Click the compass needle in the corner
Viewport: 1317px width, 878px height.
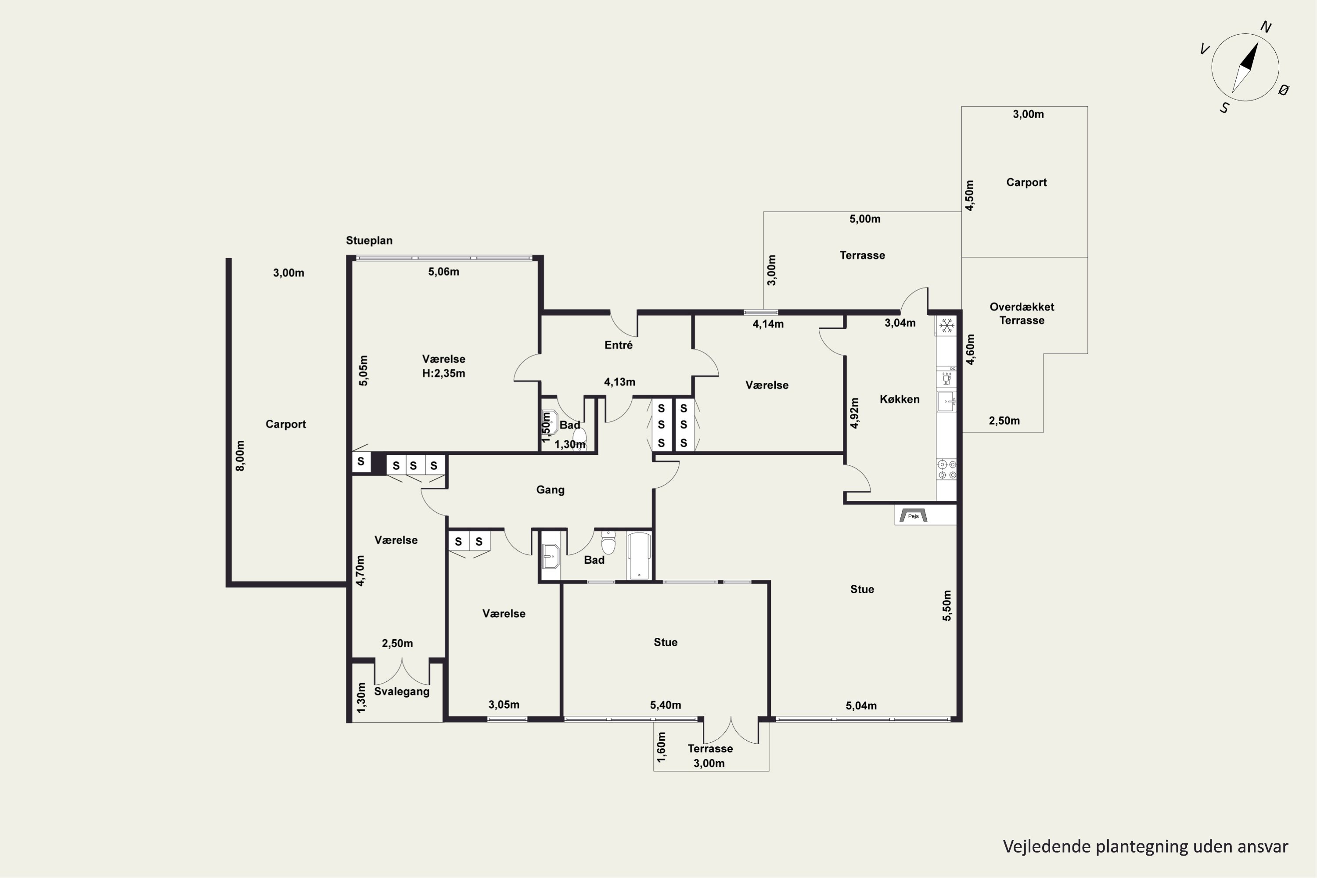point(1245,68)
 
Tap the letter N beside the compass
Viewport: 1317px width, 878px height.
point(1266,27)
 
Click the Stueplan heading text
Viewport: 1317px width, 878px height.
point(369,240)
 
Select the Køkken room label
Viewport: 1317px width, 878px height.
point(899,399)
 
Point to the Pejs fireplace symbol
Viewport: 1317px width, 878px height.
point(913,515)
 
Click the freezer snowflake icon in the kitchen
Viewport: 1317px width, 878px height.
point(946,325)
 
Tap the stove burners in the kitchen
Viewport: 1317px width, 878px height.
point(947,469)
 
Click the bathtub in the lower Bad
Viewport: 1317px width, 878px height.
point(639,555)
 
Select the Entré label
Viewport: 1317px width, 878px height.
point(618,345)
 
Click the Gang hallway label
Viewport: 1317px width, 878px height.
point(551,490)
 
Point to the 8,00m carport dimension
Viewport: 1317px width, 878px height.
point(240,456)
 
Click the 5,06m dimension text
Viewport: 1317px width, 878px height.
point(443,272)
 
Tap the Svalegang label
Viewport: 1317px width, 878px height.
point(402,691)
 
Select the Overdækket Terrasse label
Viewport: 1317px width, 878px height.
point(1022,313)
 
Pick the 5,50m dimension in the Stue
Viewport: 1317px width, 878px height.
point(947,606)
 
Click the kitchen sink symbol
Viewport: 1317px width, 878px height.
point(946,401)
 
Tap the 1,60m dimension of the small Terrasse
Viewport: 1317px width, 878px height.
point(661,747)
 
